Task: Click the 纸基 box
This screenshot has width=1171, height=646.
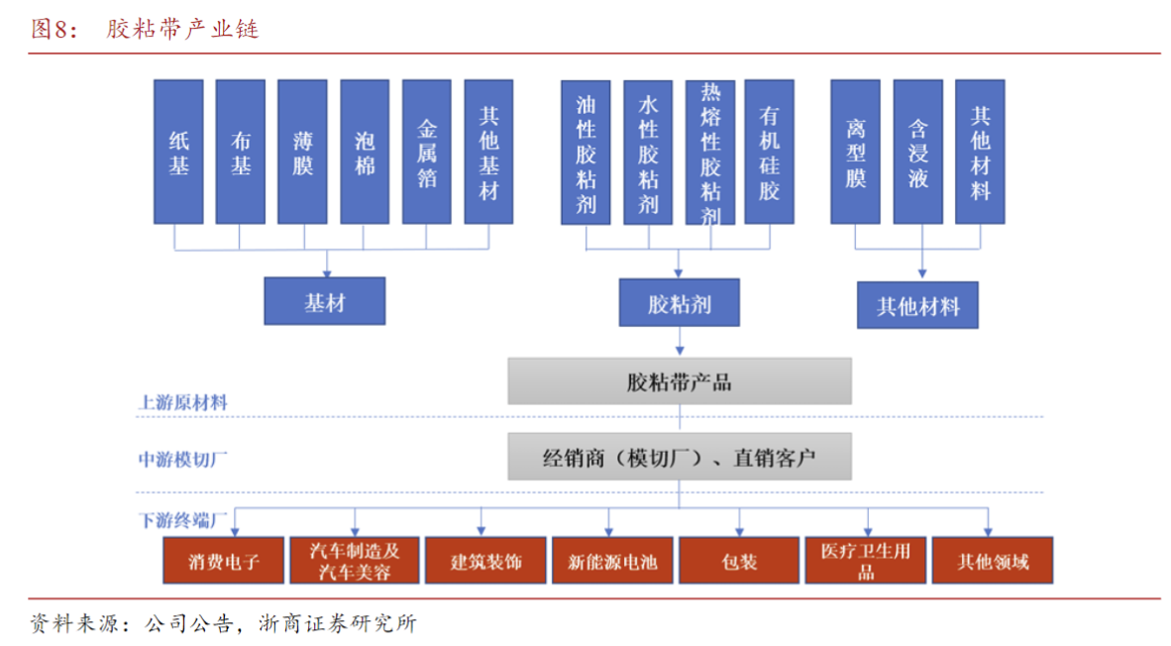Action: (178, 152)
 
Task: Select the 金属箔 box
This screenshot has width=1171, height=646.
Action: (427, 152)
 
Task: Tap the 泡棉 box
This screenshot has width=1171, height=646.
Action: (365, 152)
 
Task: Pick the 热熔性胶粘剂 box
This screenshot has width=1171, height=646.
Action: (709, 152)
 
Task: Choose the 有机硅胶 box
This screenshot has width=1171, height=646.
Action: (770, 152)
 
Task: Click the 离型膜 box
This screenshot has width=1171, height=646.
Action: (856, 152)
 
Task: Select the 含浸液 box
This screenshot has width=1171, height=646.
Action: (918, 152)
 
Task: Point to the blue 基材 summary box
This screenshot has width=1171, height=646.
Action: (324, 301)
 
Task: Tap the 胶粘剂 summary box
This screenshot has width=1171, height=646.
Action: (679, 302)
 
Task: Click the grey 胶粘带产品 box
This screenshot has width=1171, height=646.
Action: (679, 381)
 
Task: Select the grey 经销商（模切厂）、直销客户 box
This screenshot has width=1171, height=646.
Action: (679, 458)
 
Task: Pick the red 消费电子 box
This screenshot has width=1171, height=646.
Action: (224, 561)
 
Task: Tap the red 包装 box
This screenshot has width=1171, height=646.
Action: (739, 561)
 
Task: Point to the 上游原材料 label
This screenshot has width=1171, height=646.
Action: (182, 403)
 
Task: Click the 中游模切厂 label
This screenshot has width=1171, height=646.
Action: (182, 460)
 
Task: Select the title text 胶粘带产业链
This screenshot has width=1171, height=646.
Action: (182, 29)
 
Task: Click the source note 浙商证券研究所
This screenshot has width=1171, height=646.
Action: (337, 624)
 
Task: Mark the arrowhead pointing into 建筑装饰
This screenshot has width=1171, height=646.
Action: (481, 532)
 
